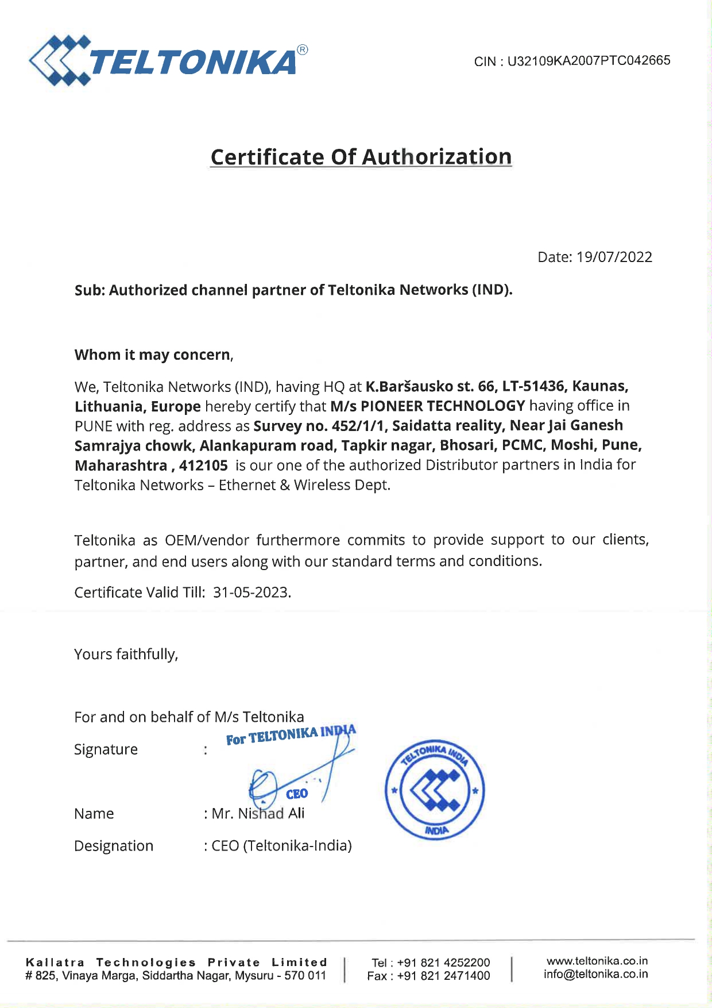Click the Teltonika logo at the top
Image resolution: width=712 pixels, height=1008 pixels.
point(168,60)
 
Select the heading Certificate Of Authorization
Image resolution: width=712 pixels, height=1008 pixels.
point(361,157)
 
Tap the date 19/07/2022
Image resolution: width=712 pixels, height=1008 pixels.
point(614,257)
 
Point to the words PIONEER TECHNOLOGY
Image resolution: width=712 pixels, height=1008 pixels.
point(443,406)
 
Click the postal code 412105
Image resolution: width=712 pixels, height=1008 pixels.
point(203,465)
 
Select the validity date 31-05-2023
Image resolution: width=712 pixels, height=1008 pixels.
point(251,592)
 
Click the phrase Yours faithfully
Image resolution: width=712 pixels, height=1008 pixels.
point(126,654)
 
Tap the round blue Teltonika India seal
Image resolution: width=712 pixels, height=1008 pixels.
point(435,789)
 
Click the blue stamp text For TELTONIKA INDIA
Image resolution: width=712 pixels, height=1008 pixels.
point(290,735)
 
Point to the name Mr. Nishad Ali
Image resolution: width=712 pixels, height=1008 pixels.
point(258,813)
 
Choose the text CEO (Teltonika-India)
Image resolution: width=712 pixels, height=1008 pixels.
point(281,845)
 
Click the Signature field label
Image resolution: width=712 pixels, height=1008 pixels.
point(106,749)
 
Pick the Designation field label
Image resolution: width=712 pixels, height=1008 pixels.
point(114,845)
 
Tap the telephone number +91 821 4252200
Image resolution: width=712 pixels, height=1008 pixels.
point(443,963)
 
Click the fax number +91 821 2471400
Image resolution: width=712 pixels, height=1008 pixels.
point(443,976)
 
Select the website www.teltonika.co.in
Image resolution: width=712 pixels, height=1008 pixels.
point(597,961)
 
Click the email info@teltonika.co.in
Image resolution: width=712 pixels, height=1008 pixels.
point(595,974)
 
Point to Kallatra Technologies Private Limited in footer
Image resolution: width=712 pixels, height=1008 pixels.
point(176,962)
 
